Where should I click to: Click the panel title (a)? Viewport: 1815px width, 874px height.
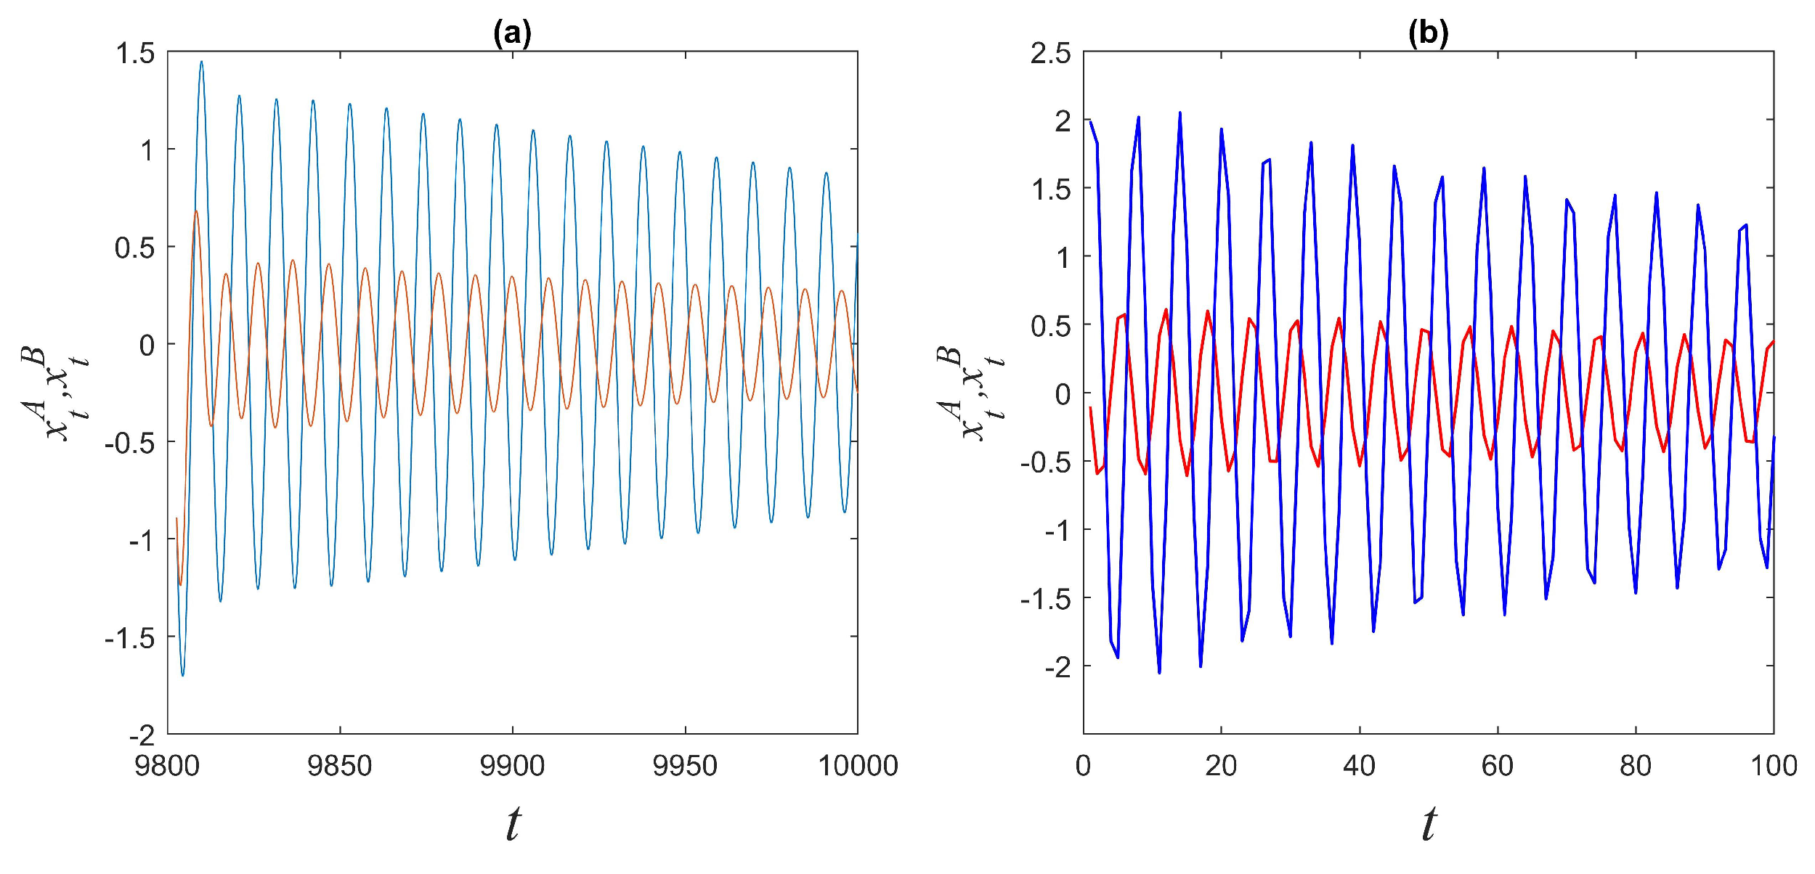(512, 33)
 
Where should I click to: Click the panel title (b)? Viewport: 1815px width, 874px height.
(1428, 33)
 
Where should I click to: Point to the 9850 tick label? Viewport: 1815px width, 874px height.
(339, 767)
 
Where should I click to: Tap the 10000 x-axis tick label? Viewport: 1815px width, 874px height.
(858, 767)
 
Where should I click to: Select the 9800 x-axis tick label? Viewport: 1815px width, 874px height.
(167, 767)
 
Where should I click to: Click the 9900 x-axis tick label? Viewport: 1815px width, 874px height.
(512, 767)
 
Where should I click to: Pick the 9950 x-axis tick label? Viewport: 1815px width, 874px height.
(685, 767)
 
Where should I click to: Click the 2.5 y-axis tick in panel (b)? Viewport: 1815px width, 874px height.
(1050, 54)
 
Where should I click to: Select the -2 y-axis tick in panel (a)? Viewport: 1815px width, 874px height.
(142, 736)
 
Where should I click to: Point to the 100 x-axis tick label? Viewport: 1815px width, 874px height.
(1774, 767)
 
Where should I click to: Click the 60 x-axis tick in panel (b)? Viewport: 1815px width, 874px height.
(1497, 767)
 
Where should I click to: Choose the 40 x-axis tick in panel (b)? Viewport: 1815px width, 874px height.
(1359, 767)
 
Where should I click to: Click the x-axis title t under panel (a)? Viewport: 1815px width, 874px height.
(513, 824)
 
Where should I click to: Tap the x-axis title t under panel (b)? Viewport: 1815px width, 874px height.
(1429, 824)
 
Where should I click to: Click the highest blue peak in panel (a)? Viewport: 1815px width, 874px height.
(201, 62)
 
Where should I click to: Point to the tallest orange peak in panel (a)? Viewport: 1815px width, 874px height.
(195, 211)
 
